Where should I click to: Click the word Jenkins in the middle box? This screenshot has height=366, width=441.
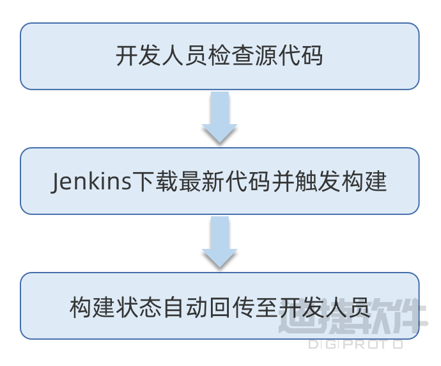point(91,182)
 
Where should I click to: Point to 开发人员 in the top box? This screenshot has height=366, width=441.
point(162,56)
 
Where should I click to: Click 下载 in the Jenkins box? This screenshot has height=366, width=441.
point(155,182)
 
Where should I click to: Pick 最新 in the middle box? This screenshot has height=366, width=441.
point(201,182)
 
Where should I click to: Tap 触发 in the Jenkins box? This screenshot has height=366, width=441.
point(318,182)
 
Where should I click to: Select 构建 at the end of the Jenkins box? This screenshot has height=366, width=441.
point(364,182)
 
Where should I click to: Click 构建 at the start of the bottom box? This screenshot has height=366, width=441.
point(92,307)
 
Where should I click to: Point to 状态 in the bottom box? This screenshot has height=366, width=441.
point(139,307)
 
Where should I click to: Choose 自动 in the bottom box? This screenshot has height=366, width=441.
point(185,307)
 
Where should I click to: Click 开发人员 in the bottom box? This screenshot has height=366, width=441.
point(323,307)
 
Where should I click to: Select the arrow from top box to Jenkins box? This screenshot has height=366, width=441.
point(220,117)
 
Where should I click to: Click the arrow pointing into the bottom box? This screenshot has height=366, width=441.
point(220,242)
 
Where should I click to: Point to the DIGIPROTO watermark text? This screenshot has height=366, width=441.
point(356,344)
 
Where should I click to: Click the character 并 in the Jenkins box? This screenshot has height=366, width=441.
point(283,182)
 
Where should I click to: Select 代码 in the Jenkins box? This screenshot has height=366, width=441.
point(248,182)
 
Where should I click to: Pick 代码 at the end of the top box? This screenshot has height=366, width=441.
point(300,56)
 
